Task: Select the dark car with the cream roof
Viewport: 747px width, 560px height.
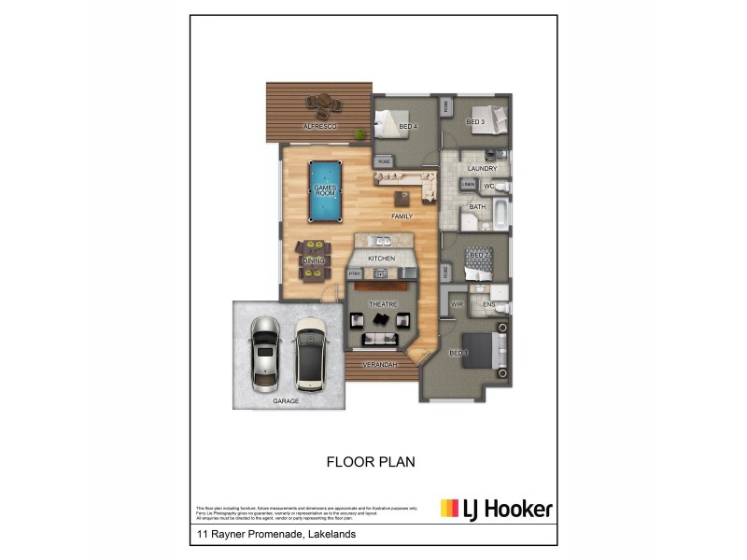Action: click(x=309, y=354)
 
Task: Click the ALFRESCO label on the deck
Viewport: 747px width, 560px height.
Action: click(x=319, y=126)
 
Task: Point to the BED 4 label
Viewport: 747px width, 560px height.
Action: click(x=407, y=126)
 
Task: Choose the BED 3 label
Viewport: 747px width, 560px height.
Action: click(x=475, y=122)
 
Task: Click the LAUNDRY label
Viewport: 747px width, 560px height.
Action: click(x=482, y=169)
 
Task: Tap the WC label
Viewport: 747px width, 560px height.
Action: click(x=488, y=187)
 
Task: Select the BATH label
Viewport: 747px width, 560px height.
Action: click(x=477, y=207)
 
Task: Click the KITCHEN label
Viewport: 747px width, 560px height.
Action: click(x=382, y=259)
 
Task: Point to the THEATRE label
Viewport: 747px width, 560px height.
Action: click(x=383, y=304)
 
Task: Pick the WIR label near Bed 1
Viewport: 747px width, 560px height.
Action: click(x=458, y=304)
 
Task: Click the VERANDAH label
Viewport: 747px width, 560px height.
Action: click(x=381, y=364)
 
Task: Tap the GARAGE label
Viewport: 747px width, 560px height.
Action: click(x=286, y=401)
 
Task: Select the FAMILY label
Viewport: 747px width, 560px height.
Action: click(x=402, y=217)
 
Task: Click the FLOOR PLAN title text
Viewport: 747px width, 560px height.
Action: click(x=370, y=461)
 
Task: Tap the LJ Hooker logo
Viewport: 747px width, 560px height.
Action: click(x=496, y=509)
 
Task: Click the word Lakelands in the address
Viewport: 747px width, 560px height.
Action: click(x=330, y=535)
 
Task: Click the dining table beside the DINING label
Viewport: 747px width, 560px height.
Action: click(x=313, y=260)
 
